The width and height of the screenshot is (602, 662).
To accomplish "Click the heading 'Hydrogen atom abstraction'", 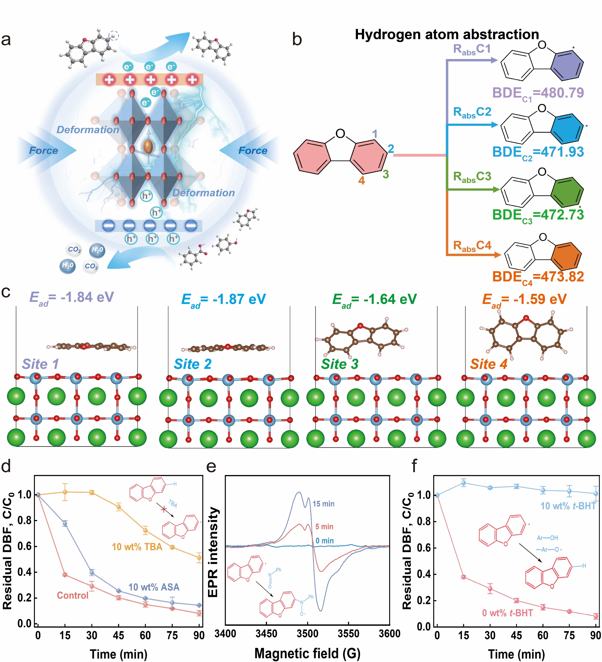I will pos(447,34).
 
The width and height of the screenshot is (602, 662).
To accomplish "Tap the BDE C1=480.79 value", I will pos(538,93).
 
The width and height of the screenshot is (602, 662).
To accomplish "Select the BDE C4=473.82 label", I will pos(538,277).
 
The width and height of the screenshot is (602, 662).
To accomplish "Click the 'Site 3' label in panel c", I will pos(340,364).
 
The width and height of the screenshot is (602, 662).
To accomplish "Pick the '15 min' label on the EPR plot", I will pos(323,504).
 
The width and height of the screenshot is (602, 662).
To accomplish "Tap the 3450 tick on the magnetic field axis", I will pos(266,634).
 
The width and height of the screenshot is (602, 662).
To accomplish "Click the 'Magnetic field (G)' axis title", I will pos(307,653).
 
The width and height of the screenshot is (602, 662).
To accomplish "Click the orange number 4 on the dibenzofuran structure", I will pos(361,180).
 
